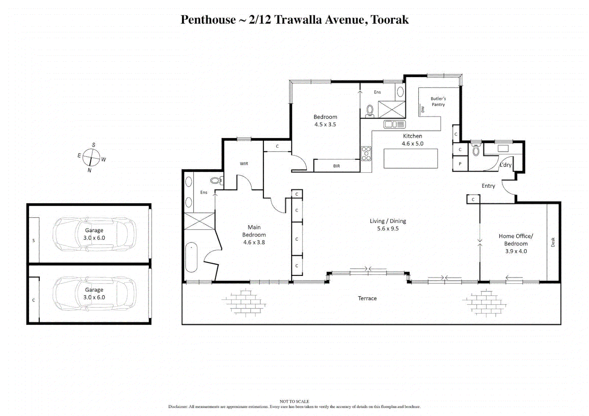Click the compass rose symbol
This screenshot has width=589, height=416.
tap(91, 157)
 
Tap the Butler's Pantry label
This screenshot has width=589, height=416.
tap(438, 102)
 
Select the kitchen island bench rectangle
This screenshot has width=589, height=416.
tap(410, 158)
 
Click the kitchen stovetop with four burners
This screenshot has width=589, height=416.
tap(366, 153)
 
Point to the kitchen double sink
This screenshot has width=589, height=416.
tap(394, 124)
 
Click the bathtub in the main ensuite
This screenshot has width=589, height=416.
tap(191, 257)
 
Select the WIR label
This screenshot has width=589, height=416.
tap(244, 164)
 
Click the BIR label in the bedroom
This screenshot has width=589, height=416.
tap(336, 166)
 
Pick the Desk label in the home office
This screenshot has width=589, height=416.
tap(553, 242)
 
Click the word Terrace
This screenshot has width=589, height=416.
tap(367, 299)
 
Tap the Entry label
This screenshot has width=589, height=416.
tap(488, 186)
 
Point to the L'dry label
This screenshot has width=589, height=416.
tap(505, 165)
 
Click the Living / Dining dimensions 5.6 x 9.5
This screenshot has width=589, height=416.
tap(388, 229)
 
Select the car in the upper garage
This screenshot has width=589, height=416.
tap(95, 234)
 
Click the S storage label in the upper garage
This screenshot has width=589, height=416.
tap(34, 241)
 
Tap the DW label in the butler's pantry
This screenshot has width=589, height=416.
tap(423, 109)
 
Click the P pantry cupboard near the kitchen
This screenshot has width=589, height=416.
tap(460, 164)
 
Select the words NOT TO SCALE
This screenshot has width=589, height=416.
tap(294, 401)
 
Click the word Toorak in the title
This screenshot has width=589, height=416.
tap(390, 20)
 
